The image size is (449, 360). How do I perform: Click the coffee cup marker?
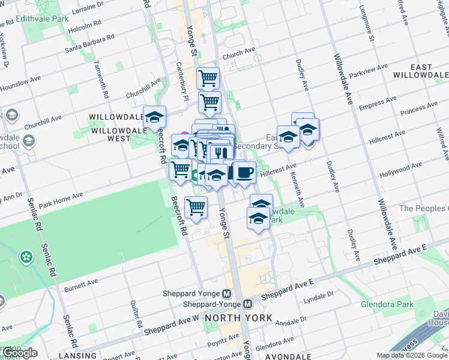244,173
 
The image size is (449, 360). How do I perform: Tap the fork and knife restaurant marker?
221,153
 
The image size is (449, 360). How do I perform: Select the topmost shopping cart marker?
208,77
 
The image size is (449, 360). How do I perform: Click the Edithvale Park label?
43,19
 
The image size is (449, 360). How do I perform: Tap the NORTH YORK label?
238,317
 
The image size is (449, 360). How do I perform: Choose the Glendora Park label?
387,304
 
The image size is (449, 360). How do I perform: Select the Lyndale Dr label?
319,296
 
